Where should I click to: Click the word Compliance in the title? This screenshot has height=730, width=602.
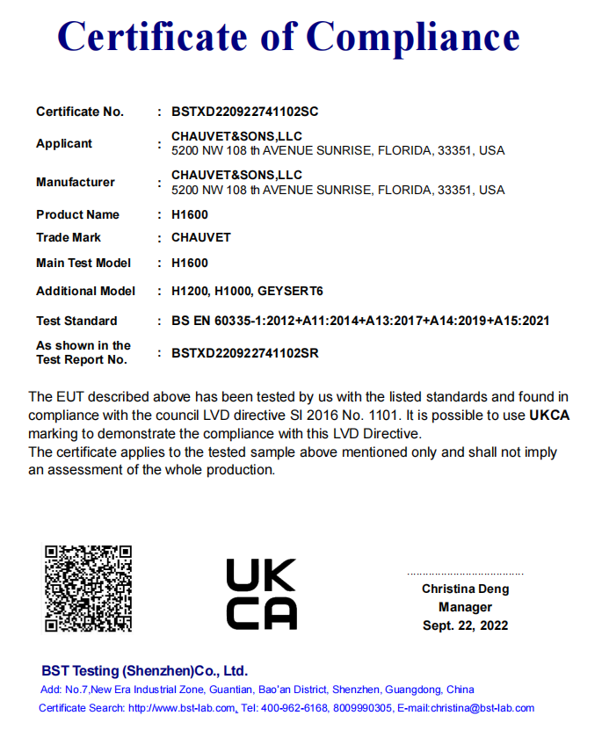coord(413,37)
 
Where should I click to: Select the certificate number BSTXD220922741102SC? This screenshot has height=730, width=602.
coord(244,112)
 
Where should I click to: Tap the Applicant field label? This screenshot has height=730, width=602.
coord(64,143)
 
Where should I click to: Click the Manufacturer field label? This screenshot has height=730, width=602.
coord(76,182)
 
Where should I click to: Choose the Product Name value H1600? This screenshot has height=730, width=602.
coord(190,214)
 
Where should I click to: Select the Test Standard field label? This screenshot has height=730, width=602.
coord(76,321)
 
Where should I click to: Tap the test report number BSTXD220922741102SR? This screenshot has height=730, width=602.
coord(244,352)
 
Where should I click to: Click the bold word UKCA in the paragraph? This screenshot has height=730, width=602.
coord(549,416)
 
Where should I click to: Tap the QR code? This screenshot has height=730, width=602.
coord(88,588)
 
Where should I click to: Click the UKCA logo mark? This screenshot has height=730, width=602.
coord(261,595)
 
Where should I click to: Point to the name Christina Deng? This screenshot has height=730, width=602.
coord(465,589)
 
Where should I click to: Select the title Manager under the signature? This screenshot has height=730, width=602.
coord(465,607)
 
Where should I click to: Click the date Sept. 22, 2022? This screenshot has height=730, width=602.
coord(465,625)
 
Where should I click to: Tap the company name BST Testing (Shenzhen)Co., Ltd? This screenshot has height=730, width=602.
coord(145,670)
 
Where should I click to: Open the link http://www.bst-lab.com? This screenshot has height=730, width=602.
coord(182,708)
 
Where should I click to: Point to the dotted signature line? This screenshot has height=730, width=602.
coord(465,573)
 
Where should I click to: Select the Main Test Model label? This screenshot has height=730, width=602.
coord(83,263)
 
